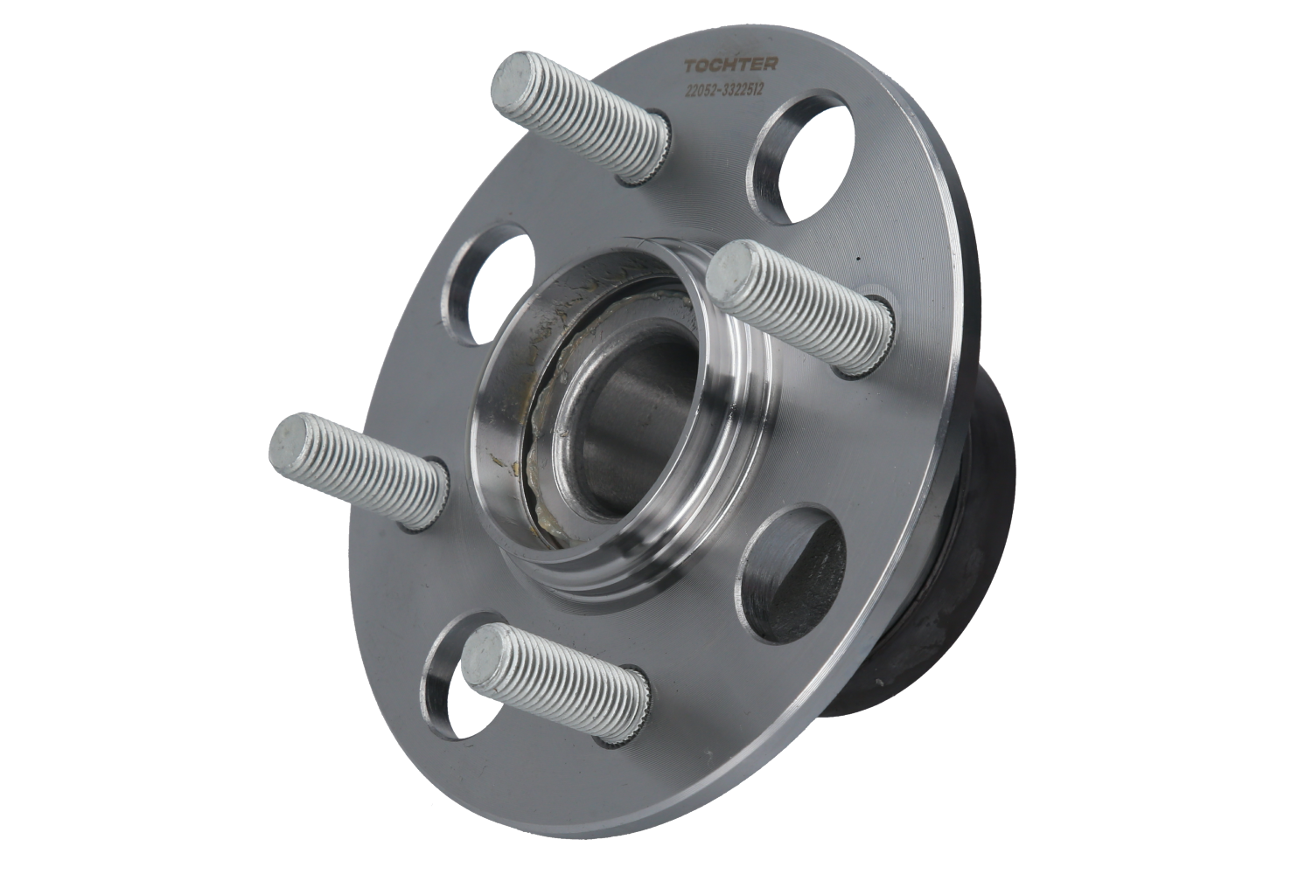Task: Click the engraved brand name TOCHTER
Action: (730, 64)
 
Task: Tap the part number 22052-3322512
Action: (726, 89)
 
